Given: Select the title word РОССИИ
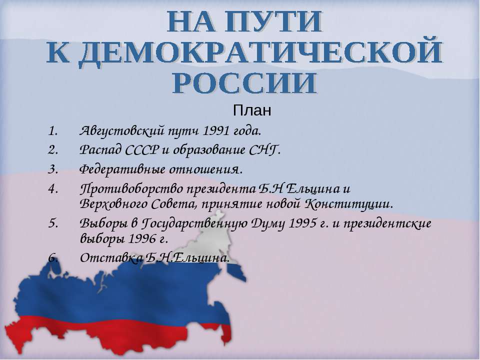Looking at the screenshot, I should pos(245,83).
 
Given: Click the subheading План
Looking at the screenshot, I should pos(252,110).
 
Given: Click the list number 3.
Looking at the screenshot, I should pos(52,169).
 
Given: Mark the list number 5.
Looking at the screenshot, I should pos(52,223).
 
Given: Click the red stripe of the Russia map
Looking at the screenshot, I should pos(125,327).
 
